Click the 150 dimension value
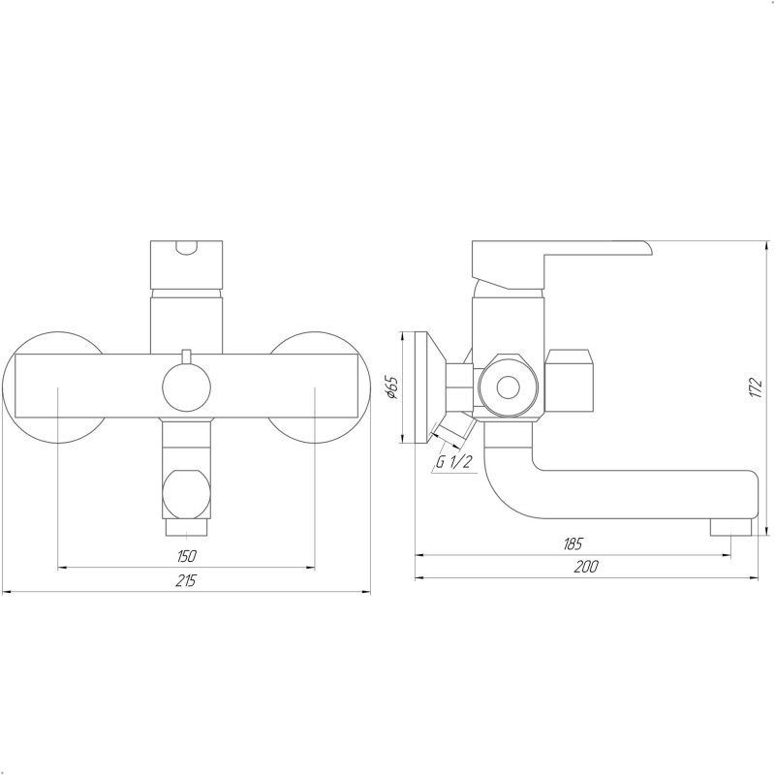tap(187, 556)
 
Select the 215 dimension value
tap(187, 580)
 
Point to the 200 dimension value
tap(585, 568)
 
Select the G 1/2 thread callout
tap(453, 462)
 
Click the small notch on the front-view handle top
tap(187, 247)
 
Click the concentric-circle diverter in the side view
tap(507, 387)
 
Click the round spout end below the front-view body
tap(186, 490)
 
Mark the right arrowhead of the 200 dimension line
tap(759, 578)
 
